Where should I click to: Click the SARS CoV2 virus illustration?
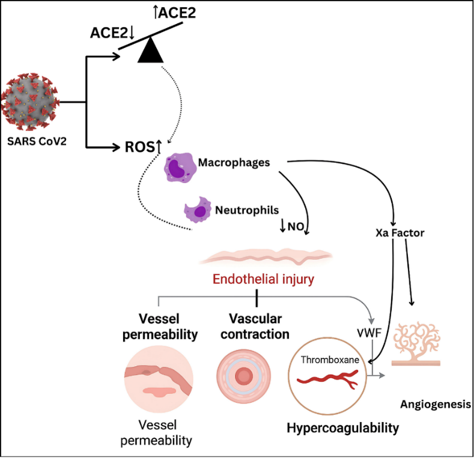tap(30, 101)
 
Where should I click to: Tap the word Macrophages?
tap(242, 162)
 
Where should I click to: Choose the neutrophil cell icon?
tap(197, 210)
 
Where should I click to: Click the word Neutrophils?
tap(247, 210)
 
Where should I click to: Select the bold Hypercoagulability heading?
tap(342, 428)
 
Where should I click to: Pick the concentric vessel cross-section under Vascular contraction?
tap(244, 376)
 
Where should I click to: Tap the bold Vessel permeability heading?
tap(160, 326)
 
